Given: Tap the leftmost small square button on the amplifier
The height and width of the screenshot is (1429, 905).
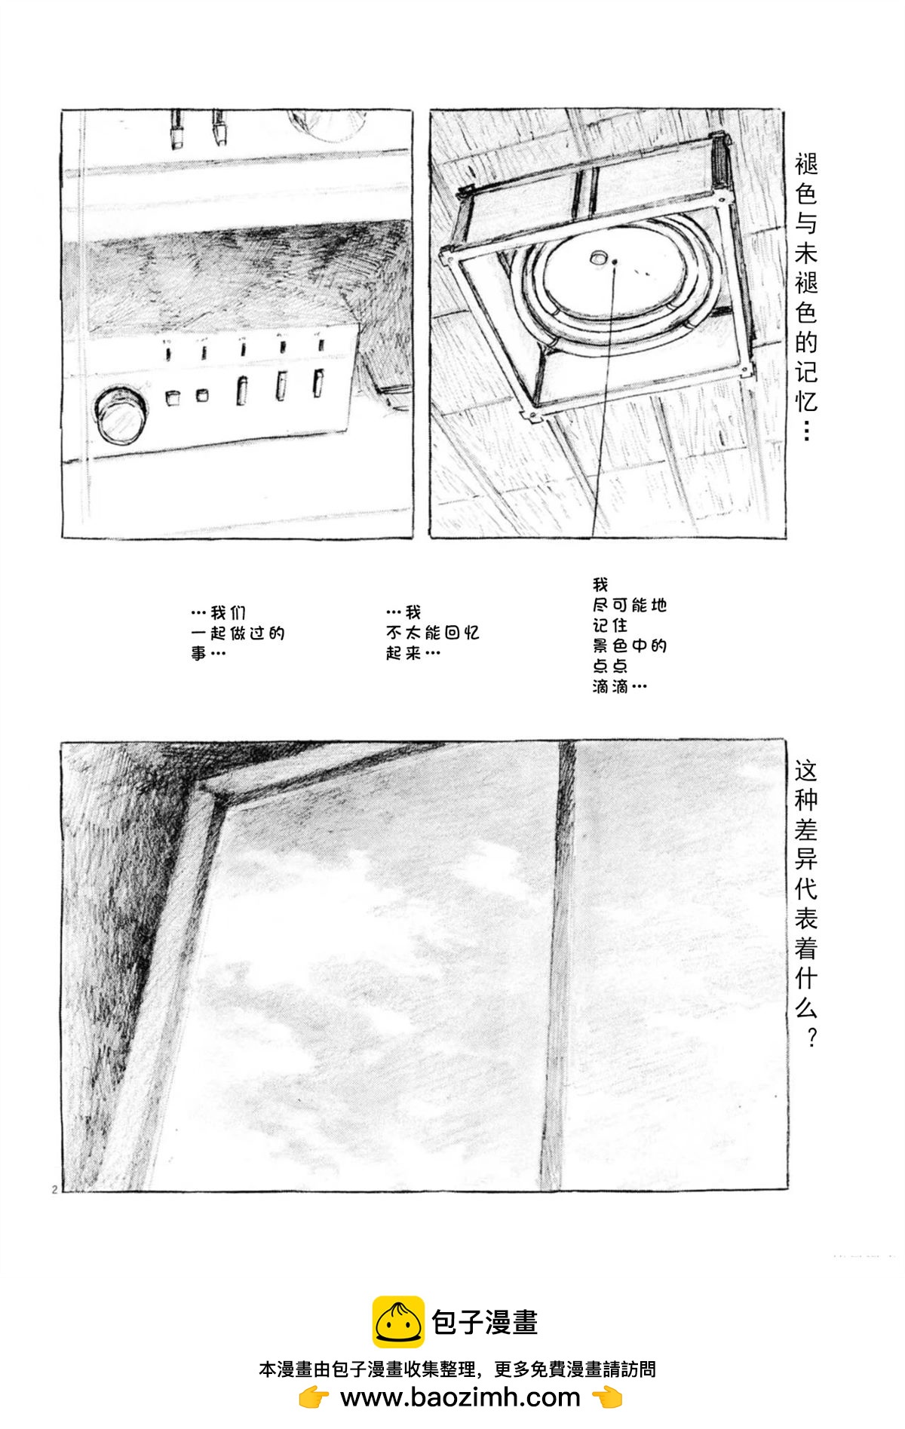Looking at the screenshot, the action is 173,397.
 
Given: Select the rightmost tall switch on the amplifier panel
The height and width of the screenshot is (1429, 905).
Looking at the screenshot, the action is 319,382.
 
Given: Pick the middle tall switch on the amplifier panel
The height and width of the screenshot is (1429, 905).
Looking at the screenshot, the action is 281,386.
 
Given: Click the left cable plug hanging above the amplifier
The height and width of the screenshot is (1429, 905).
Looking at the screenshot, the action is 177,130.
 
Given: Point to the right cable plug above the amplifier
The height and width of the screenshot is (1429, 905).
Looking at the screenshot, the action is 219,127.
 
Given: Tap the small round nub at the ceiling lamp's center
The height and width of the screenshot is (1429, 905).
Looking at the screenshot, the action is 599,257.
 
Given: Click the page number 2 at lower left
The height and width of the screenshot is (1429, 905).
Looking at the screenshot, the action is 55,1189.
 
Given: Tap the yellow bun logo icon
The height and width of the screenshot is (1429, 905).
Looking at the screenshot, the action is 398,1322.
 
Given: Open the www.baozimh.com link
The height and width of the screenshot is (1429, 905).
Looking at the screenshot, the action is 460,1397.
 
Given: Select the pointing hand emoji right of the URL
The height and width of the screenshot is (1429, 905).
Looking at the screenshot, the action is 607,1397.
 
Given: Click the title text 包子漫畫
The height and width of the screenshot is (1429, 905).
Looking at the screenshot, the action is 485,1322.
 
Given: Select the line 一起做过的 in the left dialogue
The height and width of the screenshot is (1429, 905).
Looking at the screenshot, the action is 238,633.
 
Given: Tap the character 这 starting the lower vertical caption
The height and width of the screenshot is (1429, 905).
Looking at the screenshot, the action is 806,771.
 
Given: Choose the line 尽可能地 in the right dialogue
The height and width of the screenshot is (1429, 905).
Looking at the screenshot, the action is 630,605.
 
